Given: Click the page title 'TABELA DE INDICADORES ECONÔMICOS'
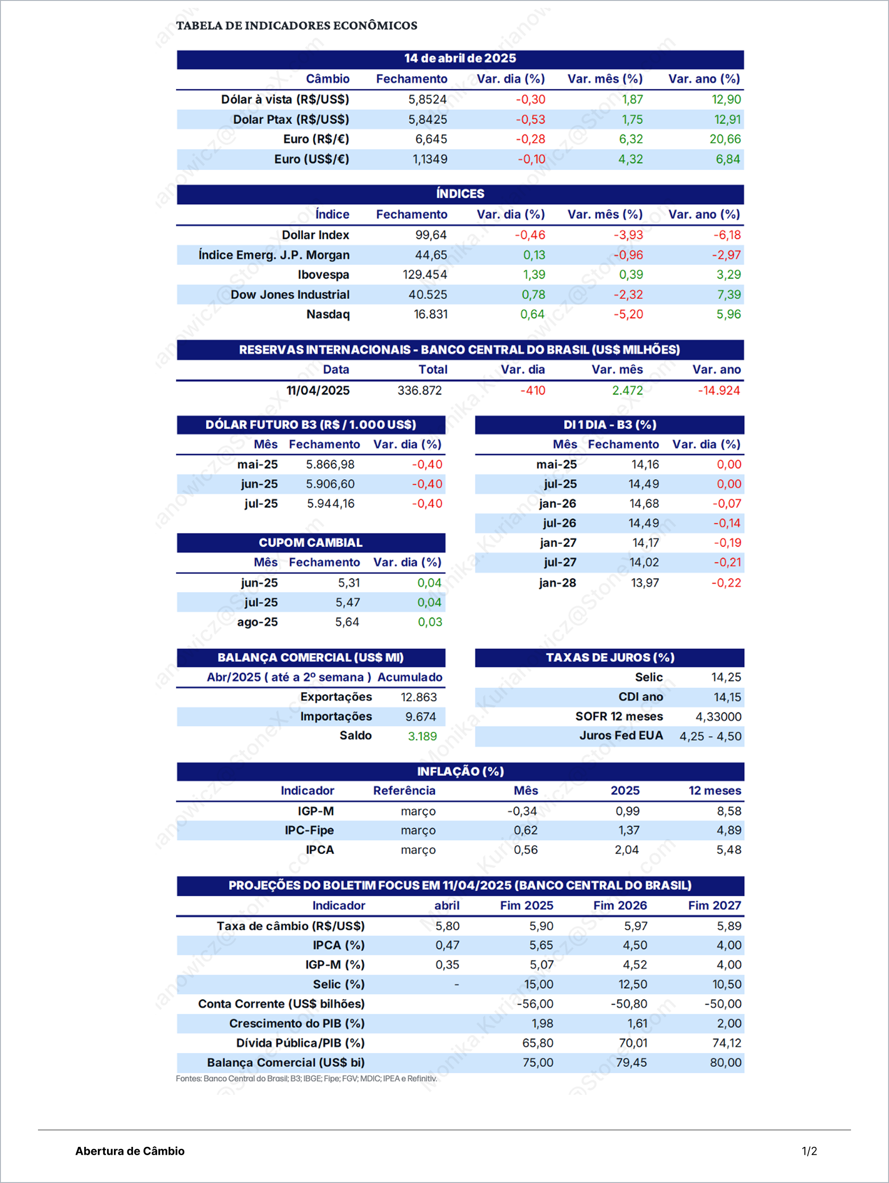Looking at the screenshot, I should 297,25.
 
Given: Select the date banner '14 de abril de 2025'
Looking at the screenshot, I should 460,58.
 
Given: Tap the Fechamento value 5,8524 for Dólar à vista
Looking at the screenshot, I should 427,100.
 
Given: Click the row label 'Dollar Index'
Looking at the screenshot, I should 315,235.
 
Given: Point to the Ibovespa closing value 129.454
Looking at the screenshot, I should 425,274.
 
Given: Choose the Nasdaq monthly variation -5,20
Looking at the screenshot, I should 628,314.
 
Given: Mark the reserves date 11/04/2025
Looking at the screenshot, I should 318,390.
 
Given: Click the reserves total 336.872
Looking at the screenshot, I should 419,390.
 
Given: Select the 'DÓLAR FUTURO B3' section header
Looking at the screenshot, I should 311,425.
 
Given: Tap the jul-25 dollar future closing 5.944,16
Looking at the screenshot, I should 331,503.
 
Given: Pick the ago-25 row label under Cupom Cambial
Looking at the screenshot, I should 257,622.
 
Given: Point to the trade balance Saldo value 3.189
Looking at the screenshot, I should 422,736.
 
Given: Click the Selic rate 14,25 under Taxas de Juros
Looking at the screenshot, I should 726,677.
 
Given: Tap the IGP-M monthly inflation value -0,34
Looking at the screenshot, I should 522,811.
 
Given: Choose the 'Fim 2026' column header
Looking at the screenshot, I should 620,906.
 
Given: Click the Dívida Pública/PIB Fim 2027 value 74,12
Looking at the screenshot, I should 726,1043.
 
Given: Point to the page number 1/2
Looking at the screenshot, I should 809,1151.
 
